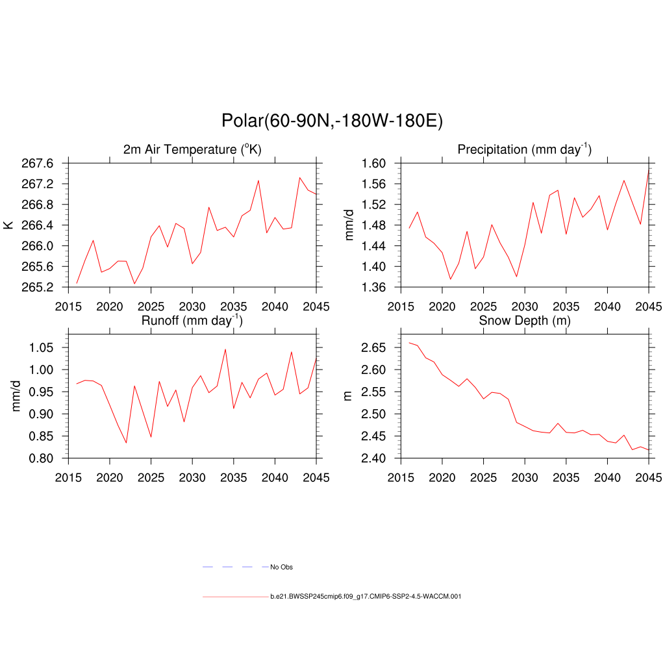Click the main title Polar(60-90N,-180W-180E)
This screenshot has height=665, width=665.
coord(332,121)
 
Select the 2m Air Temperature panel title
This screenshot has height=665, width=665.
coord(192,150)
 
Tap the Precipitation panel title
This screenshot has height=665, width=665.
coord(524,150)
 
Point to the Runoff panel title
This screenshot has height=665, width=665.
coord(192,320)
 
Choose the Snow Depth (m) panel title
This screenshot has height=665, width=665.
coord(525,321)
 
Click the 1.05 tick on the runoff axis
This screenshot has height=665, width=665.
coord(45,347)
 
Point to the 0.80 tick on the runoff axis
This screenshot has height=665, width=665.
coord(45,458)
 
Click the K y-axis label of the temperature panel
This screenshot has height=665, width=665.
coord(8,225)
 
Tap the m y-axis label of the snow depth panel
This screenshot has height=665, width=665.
coord(347,395)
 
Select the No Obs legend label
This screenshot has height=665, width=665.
coord(281,567)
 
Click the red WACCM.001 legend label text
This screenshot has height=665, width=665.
coord(366,596)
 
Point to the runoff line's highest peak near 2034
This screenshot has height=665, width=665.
coord(225,349)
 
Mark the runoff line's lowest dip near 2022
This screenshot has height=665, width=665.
coord(126,443)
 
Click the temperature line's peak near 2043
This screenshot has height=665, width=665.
coord(299,177)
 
